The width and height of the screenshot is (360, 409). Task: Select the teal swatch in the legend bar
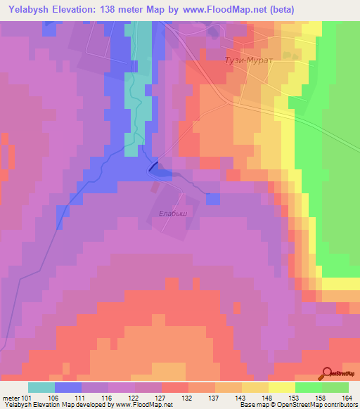[41, 387]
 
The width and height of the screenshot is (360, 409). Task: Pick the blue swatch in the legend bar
[68, 387]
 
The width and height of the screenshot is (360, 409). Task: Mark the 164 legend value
[345, 398]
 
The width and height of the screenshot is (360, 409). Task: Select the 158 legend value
[319, 398]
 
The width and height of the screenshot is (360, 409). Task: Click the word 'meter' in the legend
[12, 398]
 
